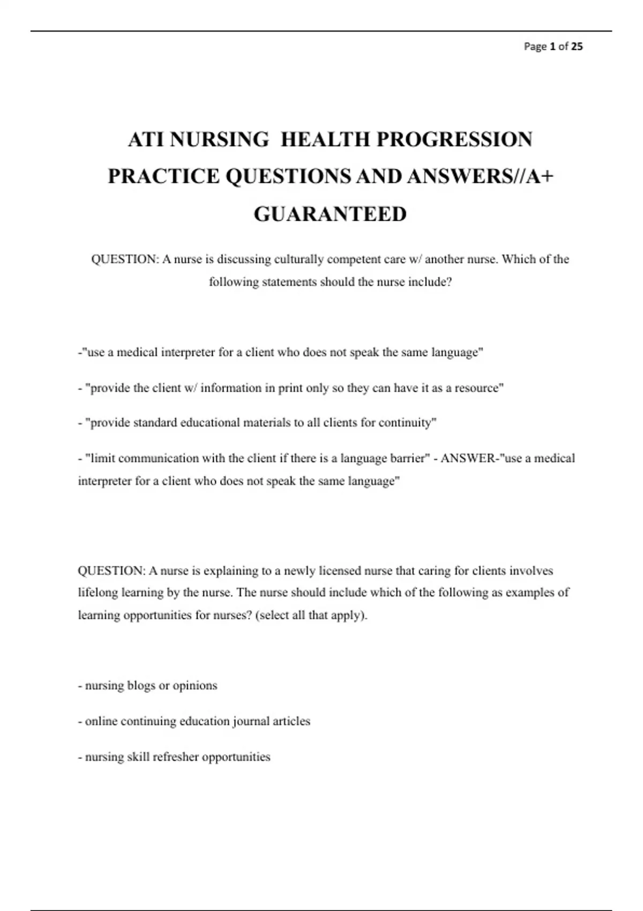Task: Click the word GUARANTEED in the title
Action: tap(330, 214)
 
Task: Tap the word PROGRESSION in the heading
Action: tap(454, 139)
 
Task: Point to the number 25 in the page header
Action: tap(577, 47)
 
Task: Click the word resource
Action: tap(478, 388)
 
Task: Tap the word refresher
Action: tap(176, 757)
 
